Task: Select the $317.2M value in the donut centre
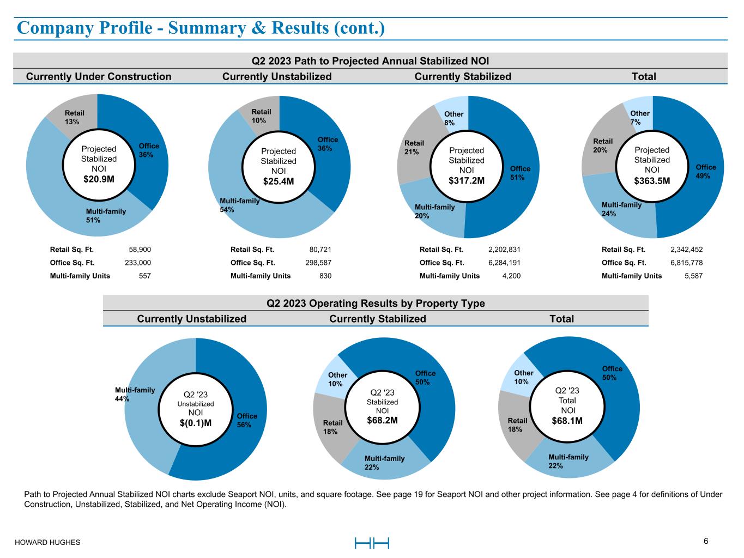coord(466,181)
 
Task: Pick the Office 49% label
coord(706,171)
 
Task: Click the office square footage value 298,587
coord(319,263)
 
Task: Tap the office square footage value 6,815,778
coord(686,263)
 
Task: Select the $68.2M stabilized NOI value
coord(382,421)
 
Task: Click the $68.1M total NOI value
coord(567,421)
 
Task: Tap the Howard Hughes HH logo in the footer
coord(372,543)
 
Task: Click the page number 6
coord(706,541)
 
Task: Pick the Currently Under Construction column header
coord(99,77)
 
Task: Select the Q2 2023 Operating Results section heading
coord(376,304)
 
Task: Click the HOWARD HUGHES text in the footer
coord(47,542)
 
